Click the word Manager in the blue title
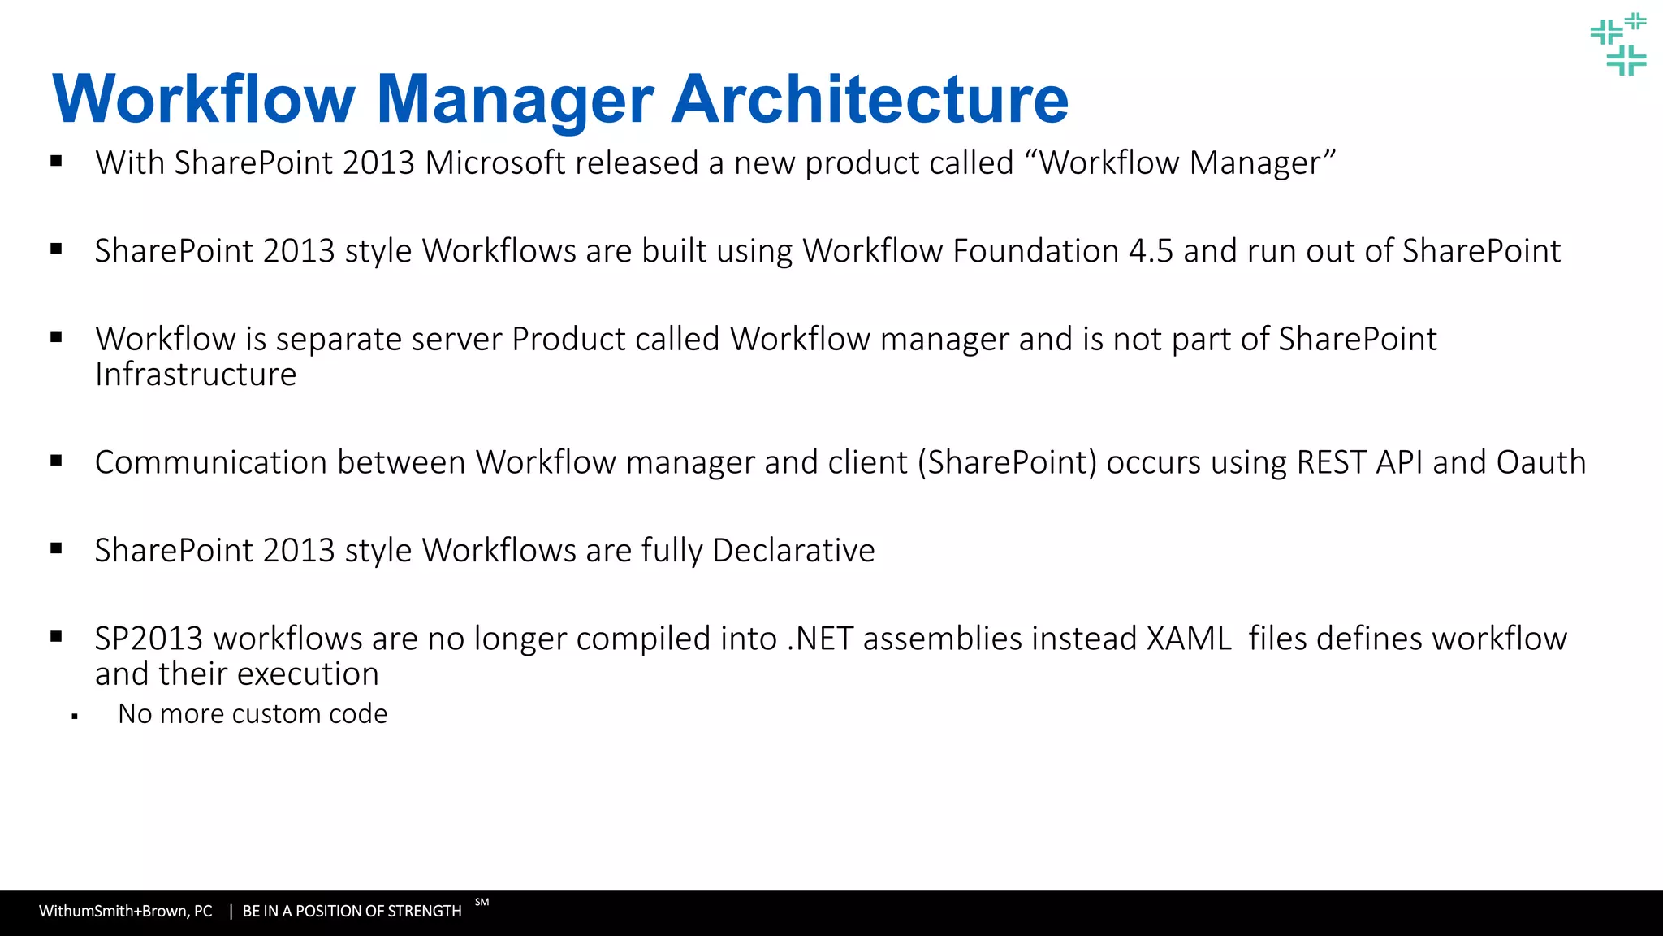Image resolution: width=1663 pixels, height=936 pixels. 515,99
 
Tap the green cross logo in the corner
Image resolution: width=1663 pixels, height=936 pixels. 1618,45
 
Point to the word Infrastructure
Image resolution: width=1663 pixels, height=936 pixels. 196,375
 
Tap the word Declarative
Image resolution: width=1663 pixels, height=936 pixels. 793,551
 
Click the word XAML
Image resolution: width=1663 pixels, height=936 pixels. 1189,639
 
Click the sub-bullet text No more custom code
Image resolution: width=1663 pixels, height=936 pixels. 253,714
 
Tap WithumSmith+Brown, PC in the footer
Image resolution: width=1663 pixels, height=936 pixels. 125,912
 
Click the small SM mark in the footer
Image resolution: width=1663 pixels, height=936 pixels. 482,902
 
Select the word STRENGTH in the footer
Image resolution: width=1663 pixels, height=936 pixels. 423,912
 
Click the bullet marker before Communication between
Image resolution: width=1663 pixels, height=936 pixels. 56,461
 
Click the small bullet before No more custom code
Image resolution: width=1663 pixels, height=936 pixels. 75,717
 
